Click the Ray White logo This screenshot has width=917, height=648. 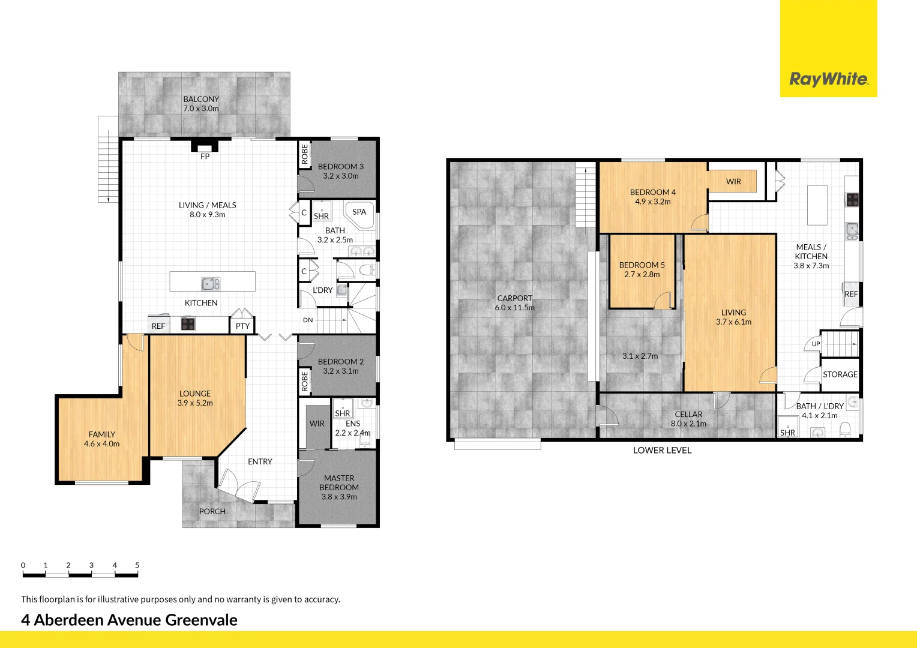(828, 79)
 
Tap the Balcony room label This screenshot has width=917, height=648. (201, 104)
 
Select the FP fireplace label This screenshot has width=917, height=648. (205, 157)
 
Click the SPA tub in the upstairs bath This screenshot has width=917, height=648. (359, 214)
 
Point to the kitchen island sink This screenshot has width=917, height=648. (211, 283)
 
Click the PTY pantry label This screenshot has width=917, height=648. (242, 326)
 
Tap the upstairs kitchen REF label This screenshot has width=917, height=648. (158, 326)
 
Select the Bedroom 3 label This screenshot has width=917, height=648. (340, 171)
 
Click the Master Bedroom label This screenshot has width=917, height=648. (339, 487)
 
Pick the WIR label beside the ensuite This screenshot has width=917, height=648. (317, 423)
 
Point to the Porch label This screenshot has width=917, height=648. (212, 511)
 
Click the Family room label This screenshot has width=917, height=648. (102, 439)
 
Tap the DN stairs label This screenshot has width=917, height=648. (308, 320)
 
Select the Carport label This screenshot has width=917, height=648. (515, 302)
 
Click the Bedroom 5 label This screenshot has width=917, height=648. (642, 269)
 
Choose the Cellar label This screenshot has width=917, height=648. (688, 419)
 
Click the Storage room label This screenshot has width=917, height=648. (840, 374)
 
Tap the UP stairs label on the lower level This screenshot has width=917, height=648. (816, 344)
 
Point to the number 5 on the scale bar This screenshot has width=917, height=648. (137, 565)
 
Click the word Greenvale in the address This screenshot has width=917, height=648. (201, 620)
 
